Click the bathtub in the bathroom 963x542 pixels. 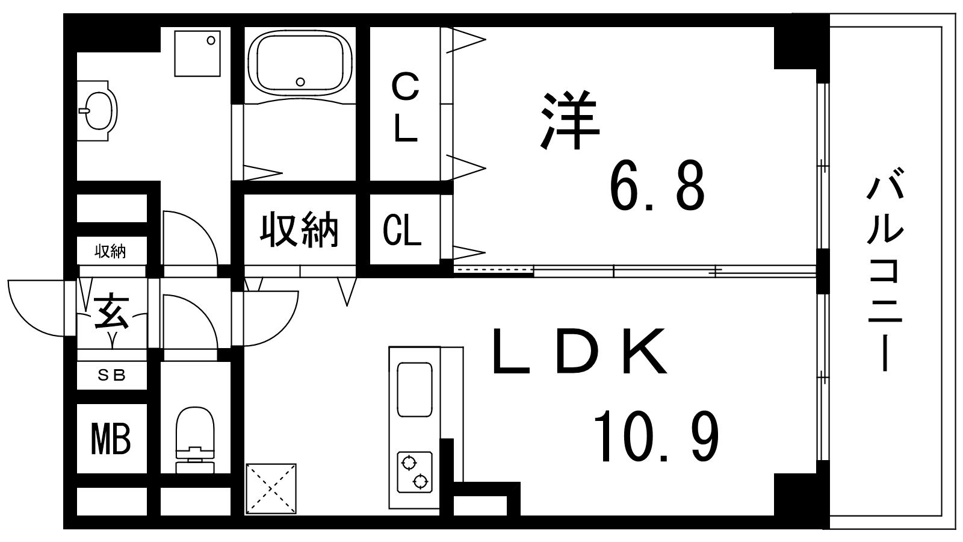point(300,62)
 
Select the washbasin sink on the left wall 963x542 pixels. point(96,110)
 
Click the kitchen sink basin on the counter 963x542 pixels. point(414,389)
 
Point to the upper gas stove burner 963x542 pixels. point(409,463)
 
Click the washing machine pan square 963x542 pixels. point(197,54)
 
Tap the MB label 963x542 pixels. point(111,438)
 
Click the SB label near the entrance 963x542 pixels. point(112,375)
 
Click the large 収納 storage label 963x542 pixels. point(299,229)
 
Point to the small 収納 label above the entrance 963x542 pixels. point(111,252)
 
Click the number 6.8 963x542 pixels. point(657,185)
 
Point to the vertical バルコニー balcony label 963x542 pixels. point(885,272)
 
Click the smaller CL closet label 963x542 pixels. point(403,231)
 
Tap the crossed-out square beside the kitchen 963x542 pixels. point(271,488)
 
